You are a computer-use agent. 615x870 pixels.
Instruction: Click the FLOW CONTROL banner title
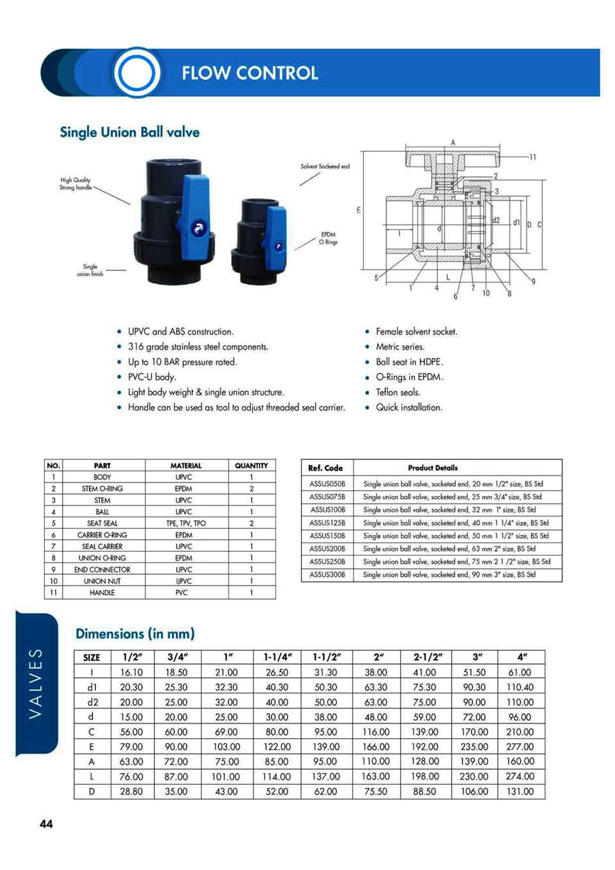[x=249, y=73]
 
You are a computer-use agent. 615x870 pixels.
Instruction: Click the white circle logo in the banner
[x=136, y=72]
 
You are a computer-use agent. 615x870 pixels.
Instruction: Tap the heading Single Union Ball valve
[x=129, y=133]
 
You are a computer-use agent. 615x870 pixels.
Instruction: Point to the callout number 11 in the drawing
[x=532, y=157]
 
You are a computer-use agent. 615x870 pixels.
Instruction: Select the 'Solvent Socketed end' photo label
[x=325, y=167]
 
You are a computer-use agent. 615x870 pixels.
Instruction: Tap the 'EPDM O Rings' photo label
[x=328, y=238]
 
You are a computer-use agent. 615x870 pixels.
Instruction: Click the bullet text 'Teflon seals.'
[x=398, y=392]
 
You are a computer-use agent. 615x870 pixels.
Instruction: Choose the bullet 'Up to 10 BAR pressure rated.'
[x=182, y=362]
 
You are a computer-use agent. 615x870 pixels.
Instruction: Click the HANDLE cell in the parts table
[x=102, y=593]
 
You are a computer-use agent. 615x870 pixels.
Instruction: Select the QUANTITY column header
[x=251, y=466]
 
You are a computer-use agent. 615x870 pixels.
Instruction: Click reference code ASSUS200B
[x=327, y=549]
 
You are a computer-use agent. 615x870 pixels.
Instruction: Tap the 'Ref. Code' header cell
[x=325, y=468]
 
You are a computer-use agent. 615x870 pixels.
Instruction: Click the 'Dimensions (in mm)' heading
[x=135, y=634]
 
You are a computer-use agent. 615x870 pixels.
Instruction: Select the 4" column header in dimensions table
[x=522, y=657]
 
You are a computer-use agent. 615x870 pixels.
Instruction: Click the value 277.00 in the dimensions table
[x=520, y=747]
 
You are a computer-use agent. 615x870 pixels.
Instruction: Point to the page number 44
[x=46, y=824]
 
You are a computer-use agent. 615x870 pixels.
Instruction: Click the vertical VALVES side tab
[x=36, y=683]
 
